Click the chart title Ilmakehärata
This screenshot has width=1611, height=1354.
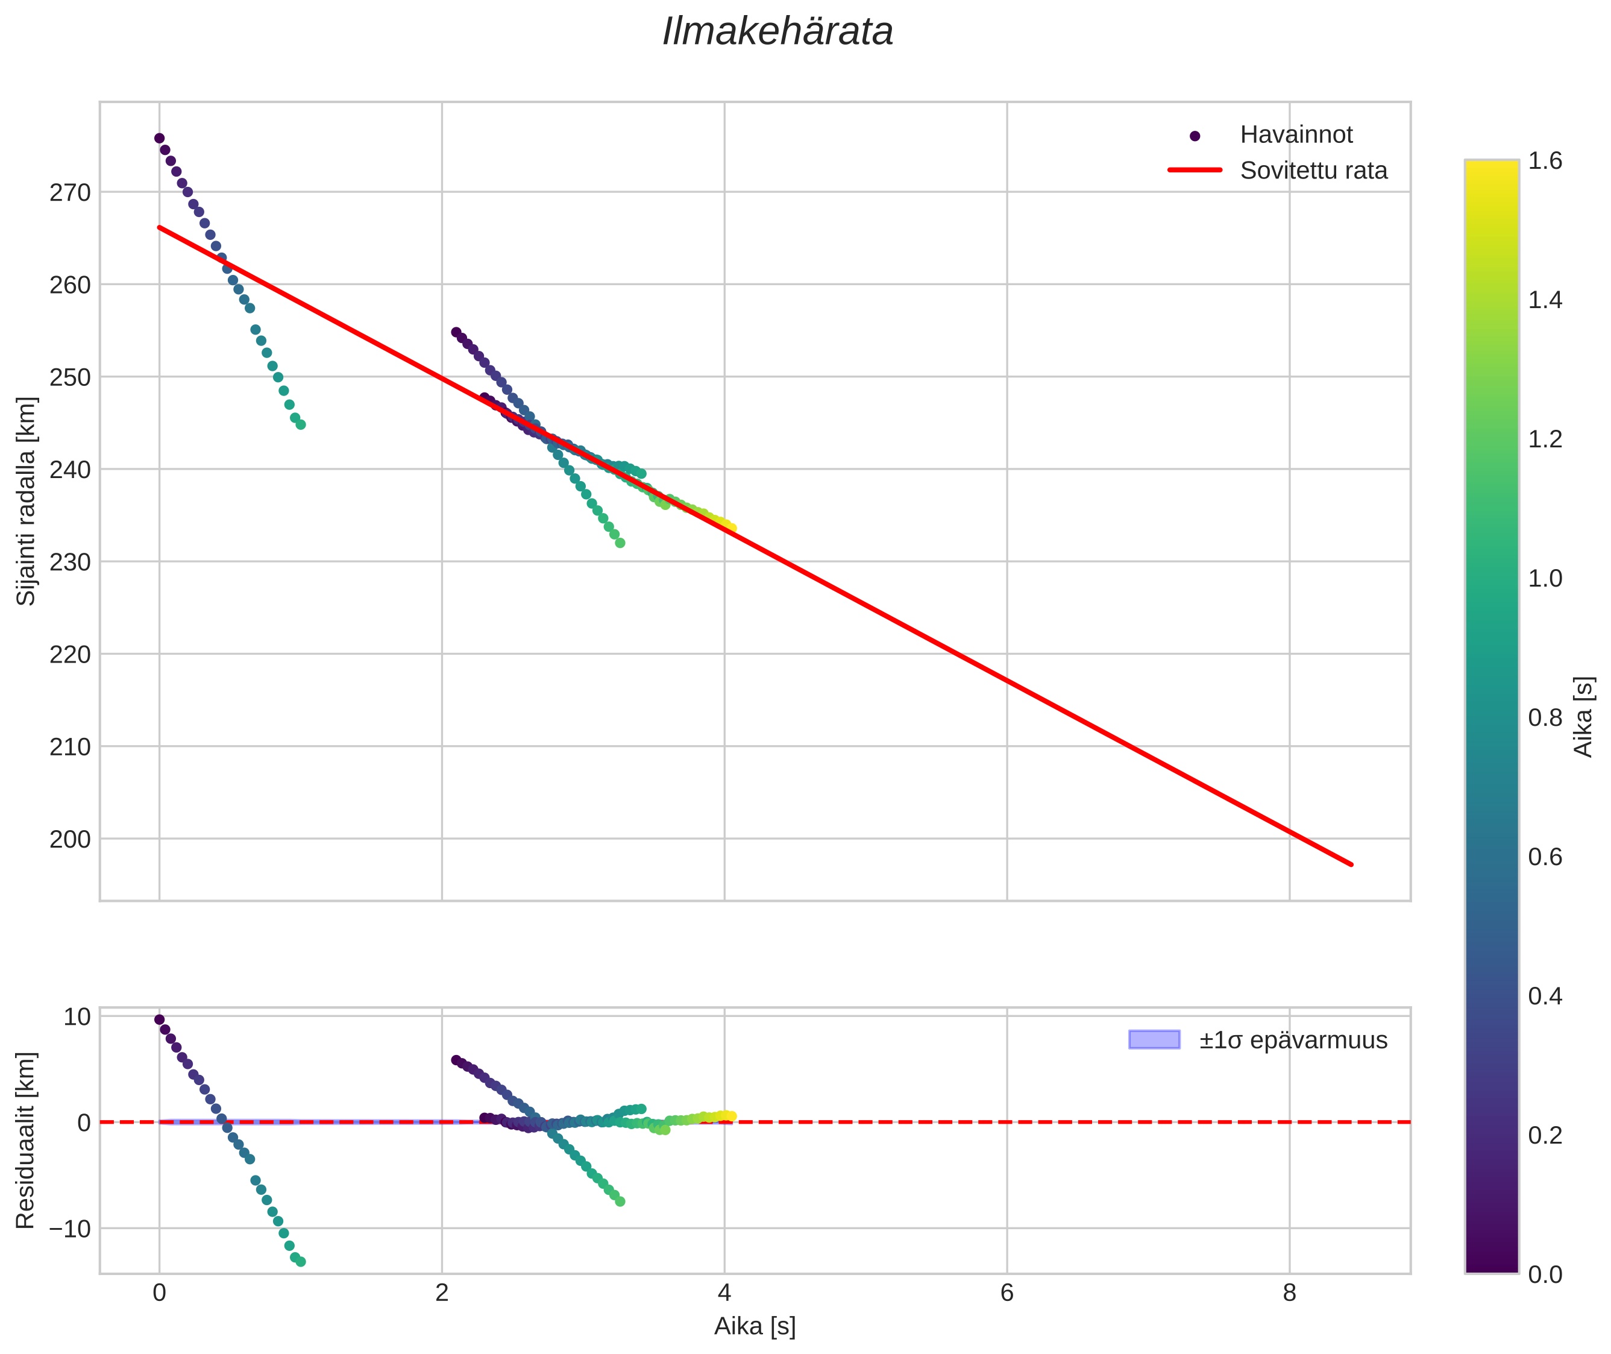pos(777,32)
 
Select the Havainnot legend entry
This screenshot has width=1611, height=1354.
pos(1296,135)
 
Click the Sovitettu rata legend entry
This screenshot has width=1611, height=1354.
pos(1313,171)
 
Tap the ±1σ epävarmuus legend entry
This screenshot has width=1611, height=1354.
pos(1293,1040)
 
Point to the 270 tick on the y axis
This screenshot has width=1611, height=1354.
pos(70,193)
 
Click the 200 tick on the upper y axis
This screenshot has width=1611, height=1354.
pos(70,840)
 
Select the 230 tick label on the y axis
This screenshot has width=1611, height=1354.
pos(70,562)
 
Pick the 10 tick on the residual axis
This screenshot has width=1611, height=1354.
pos(77,1017)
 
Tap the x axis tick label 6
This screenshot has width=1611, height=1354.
pos(1006,1293)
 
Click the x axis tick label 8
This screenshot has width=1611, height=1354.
pos(1289,1293)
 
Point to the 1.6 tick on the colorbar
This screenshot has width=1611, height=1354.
pos(1544,160)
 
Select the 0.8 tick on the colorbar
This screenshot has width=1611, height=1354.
pos(1544,717)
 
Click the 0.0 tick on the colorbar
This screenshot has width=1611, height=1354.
pos(1544,1275)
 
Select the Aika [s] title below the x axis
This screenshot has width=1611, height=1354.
pos(755,1327)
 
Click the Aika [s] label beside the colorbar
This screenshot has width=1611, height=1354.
pos(1583,717)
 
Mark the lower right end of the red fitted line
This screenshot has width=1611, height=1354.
pos(1351,864)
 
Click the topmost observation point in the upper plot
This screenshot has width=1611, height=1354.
pos(159,138)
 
